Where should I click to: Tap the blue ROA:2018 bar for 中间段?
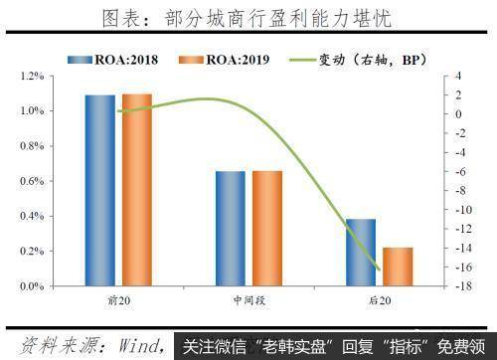coord(231,229)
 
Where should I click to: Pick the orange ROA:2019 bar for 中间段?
coord(266,229)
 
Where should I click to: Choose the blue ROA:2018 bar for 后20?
coord(361,253)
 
